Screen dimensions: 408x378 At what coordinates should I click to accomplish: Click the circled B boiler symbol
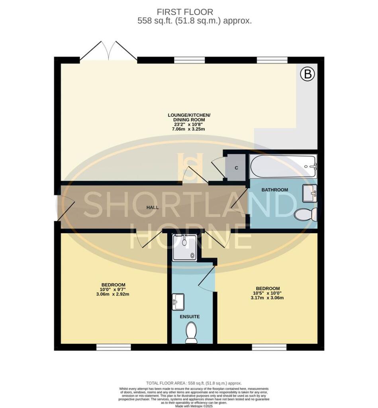[x=307, y=74]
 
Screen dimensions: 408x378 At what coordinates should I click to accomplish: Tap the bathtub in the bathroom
[x=283, y=166]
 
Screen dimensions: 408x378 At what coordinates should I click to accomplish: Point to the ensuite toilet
[x=192, y=332]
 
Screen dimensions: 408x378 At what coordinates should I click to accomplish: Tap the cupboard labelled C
[x=236, y=168]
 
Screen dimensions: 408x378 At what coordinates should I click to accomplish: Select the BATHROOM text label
[x=274, y=190]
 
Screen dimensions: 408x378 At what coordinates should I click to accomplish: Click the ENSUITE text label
[x=190, y=317]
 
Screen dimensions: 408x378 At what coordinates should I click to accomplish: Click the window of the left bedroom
[x=114, y=347]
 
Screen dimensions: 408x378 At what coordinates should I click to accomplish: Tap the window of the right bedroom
[x=269, y=347]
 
